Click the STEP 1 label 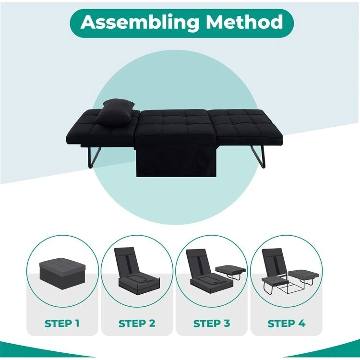[62, 323]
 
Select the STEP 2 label [137, 323]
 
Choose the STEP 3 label [212, 323]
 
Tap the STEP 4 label [287, 323]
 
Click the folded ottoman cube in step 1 [62, 272]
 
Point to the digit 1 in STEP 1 [77, 323]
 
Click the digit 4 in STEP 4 [301, 323]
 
